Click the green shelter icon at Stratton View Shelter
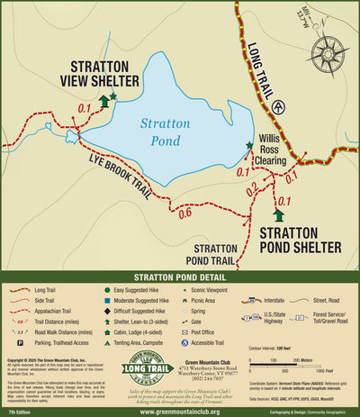(x=104, y=102)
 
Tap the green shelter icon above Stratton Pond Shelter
(x=278, y=215)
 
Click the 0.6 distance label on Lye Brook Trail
(x=184, y=213)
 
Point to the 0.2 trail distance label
(x=251, y=187)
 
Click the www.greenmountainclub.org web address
(x=179, y=411)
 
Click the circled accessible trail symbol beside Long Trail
(x=282, y=105)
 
